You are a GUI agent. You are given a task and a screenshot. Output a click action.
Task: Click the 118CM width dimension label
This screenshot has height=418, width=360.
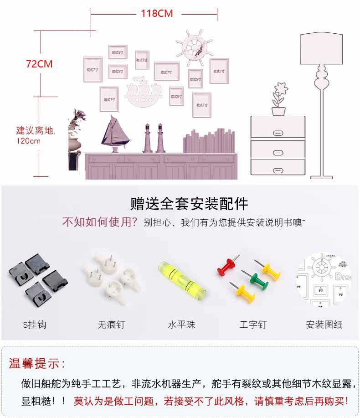(x=156, y=14)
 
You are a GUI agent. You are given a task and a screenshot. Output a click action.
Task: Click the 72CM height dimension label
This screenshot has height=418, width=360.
(x=39, y=64)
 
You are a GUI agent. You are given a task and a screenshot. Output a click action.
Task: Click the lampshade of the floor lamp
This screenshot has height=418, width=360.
(x=321, y=49)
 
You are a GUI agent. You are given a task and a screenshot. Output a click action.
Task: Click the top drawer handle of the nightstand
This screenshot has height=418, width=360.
(x=278, y=133)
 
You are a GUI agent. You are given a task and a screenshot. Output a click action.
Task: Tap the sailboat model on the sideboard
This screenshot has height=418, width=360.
(x=115, y=134)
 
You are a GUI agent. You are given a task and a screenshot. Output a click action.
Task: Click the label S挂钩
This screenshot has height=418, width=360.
(x=35, y=325)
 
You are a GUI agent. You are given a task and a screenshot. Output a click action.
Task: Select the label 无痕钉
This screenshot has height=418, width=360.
(x=111, y=325)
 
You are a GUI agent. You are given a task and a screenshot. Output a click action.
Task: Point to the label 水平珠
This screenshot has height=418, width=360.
(x=181, y=325)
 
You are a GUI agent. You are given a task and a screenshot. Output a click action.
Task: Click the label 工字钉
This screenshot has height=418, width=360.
(x=253, y=325)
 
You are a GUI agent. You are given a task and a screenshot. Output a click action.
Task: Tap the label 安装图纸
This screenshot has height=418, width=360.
(x=324, y=325)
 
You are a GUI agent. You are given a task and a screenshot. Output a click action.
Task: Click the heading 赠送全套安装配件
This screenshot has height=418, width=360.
(x=190, y=203)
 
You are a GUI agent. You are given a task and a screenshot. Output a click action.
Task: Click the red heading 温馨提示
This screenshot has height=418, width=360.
(x=37, y=364)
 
